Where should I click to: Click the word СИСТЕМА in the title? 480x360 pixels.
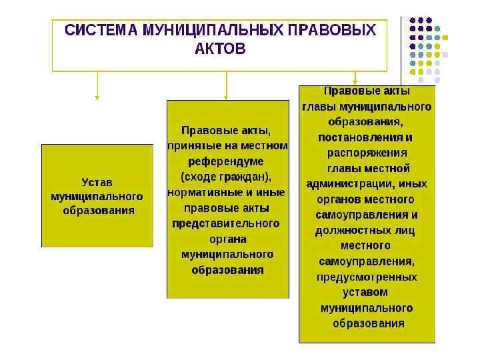(98, 31)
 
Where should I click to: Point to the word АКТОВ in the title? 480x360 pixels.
(220, 49)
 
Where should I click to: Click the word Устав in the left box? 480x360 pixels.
(97, 182)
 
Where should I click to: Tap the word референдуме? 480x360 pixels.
(227, 161)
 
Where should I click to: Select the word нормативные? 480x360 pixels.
(201, 193)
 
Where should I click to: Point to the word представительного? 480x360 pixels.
(227, 223)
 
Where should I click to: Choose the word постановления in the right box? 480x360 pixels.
(360, 137)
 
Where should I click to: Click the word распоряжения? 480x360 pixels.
(367, 153)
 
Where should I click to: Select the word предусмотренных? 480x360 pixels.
(367, 277)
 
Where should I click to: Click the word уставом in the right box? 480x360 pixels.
(365, 292)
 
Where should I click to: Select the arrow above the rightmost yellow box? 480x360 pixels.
(356, 77)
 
